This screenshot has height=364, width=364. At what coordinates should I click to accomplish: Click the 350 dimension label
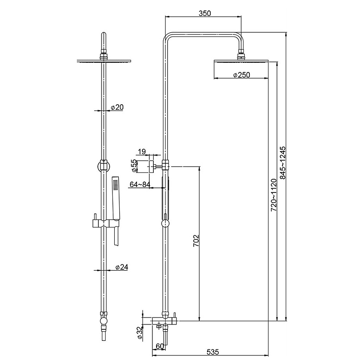coord(205,13)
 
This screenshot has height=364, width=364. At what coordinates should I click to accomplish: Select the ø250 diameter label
coord(242,75)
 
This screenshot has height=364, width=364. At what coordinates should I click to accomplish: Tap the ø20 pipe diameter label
coord(117,107)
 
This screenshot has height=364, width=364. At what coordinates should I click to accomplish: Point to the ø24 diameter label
coord(121,267)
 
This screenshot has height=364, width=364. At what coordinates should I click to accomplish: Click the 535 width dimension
coord(212,352)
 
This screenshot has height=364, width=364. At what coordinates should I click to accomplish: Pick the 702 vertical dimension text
coord(196,241)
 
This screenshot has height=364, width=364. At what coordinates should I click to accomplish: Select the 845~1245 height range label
coord(283,163)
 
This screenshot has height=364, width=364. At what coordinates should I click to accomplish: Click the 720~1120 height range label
coord(274,195)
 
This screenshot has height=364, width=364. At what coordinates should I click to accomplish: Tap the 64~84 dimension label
coord(140,185)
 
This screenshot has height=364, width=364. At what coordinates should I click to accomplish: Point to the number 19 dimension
coord(142,152)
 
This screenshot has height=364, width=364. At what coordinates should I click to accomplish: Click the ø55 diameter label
coord(134,166)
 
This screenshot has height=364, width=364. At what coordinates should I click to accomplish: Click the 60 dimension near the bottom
coord(160,346)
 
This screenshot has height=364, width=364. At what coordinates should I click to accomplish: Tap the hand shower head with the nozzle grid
coord(116,198)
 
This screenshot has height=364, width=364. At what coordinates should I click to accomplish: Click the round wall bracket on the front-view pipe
coord(104,166)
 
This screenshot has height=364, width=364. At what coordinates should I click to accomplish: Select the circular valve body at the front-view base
coord(104,321)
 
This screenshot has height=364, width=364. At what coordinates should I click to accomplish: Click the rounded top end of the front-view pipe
coord(104,35)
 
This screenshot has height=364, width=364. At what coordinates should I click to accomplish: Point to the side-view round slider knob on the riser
coord(165,224)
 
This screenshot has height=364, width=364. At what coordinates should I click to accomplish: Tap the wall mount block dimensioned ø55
coord(152,167)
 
